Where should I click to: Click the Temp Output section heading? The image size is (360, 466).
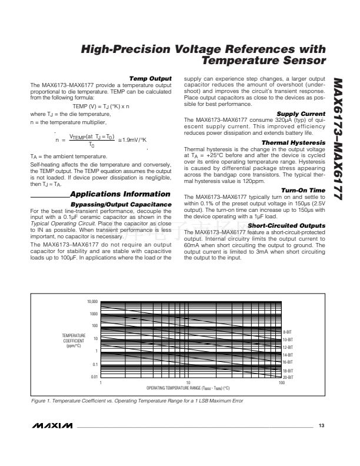[150, 78]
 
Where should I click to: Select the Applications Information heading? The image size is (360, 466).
[120, 194]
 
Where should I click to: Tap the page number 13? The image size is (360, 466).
[321, 425]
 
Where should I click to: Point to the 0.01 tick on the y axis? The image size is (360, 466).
[94, 377]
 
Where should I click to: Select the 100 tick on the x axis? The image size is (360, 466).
[282, 383]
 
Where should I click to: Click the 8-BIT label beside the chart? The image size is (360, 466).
[288, 333]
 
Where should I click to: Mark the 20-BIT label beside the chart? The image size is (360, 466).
[288, 377]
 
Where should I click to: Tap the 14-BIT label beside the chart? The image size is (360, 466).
[288, 355]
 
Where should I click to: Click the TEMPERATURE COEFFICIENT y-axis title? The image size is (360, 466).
[75, 340]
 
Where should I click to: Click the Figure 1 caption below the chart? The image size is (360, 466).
[136, 401]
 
